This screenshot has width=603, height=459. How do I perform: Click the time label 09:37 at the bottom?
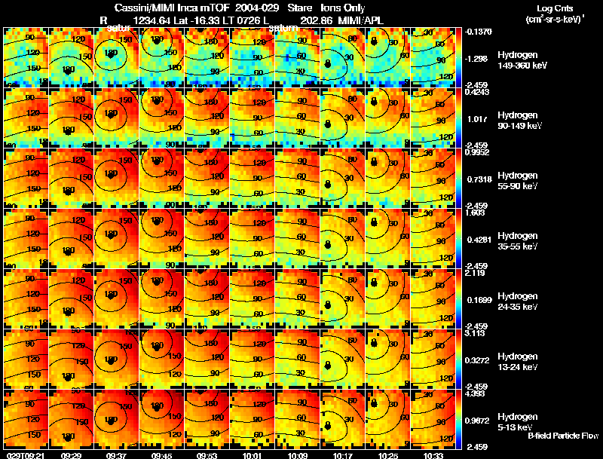[118, 455]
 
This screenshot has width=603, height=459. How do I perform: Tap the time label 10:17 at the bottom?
[343, 455]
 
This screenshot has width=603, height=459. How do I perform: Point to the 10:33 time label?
[433, 455]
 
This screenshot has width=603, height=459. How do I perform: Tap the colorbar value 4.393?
[475, 393]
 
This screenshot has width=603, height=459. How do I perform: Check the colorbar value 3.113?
[475, 332]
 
